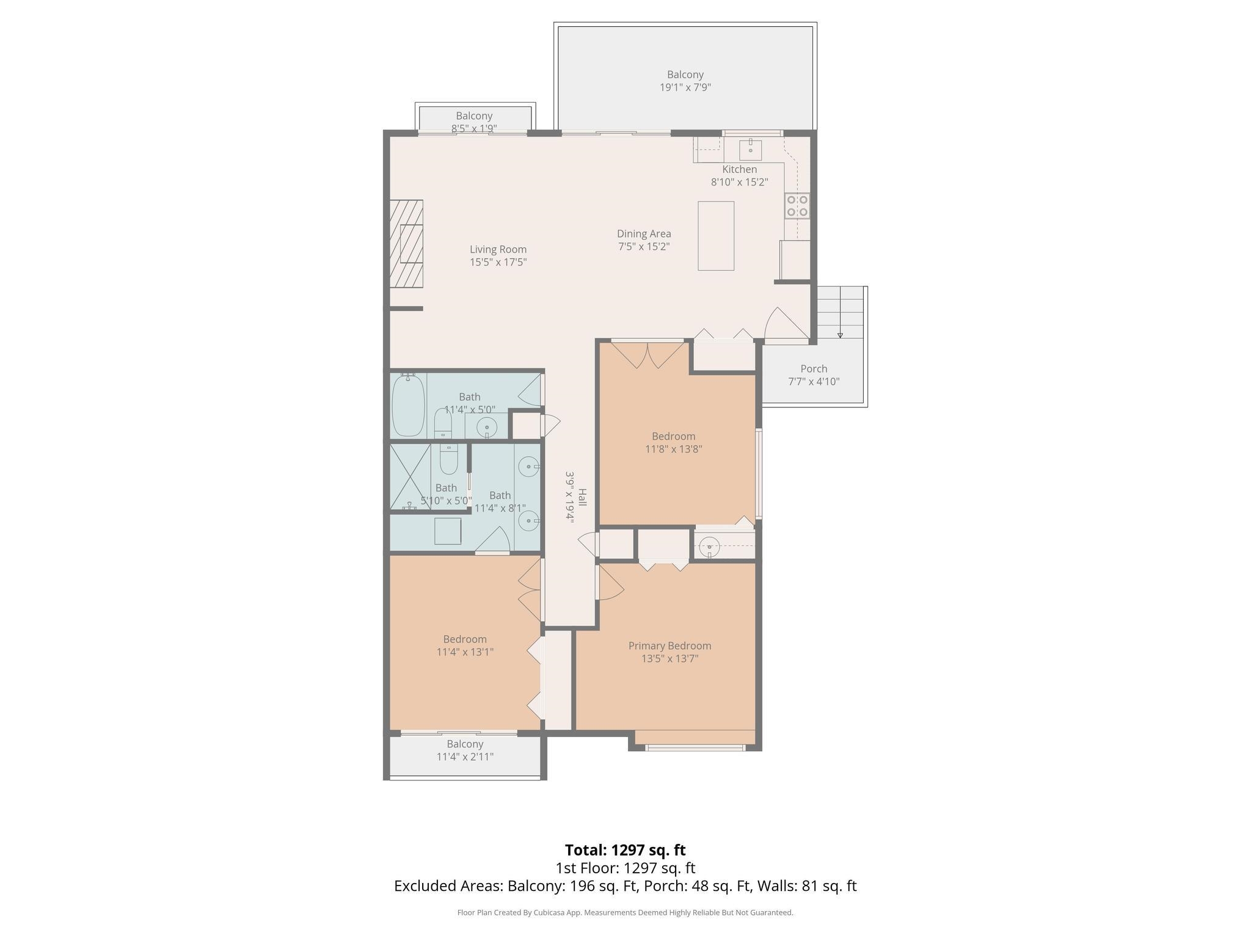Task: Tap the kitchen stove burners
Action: pyautogui.click(x=797, y=205)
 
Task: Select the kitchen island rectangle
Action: pyautogui.click(x=716, y=236)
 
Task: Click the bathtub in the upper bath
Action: pyautogui.click(x=408, y=405)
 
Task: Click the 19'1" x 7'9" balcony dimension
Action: pyautogui.click(x=685, y=87)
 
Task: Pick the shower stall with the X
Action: pyautogui.click(x=410, y=476)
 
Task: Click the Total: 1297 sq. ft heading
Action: pyautogui.click(x=625, y=850)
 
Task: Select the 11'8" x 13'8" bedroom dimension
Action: pyautogui.click(x=673, y=449)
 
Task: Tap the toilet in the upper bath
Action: pyautogui.click(x=443, y=423)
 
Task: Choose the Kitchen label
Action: pyautogui.click(x=739, y=169)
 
